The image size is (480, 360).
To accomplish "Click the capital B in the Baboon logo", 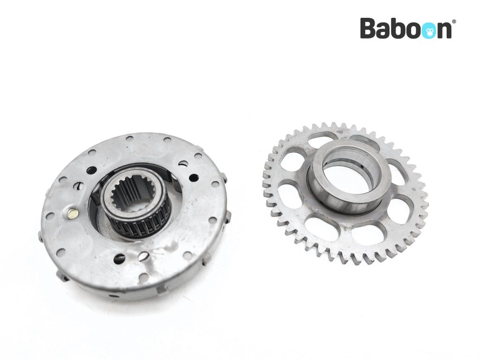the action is [369, 28].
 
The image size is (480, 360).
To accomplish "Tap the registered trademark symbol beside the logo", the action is [454, 22].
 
